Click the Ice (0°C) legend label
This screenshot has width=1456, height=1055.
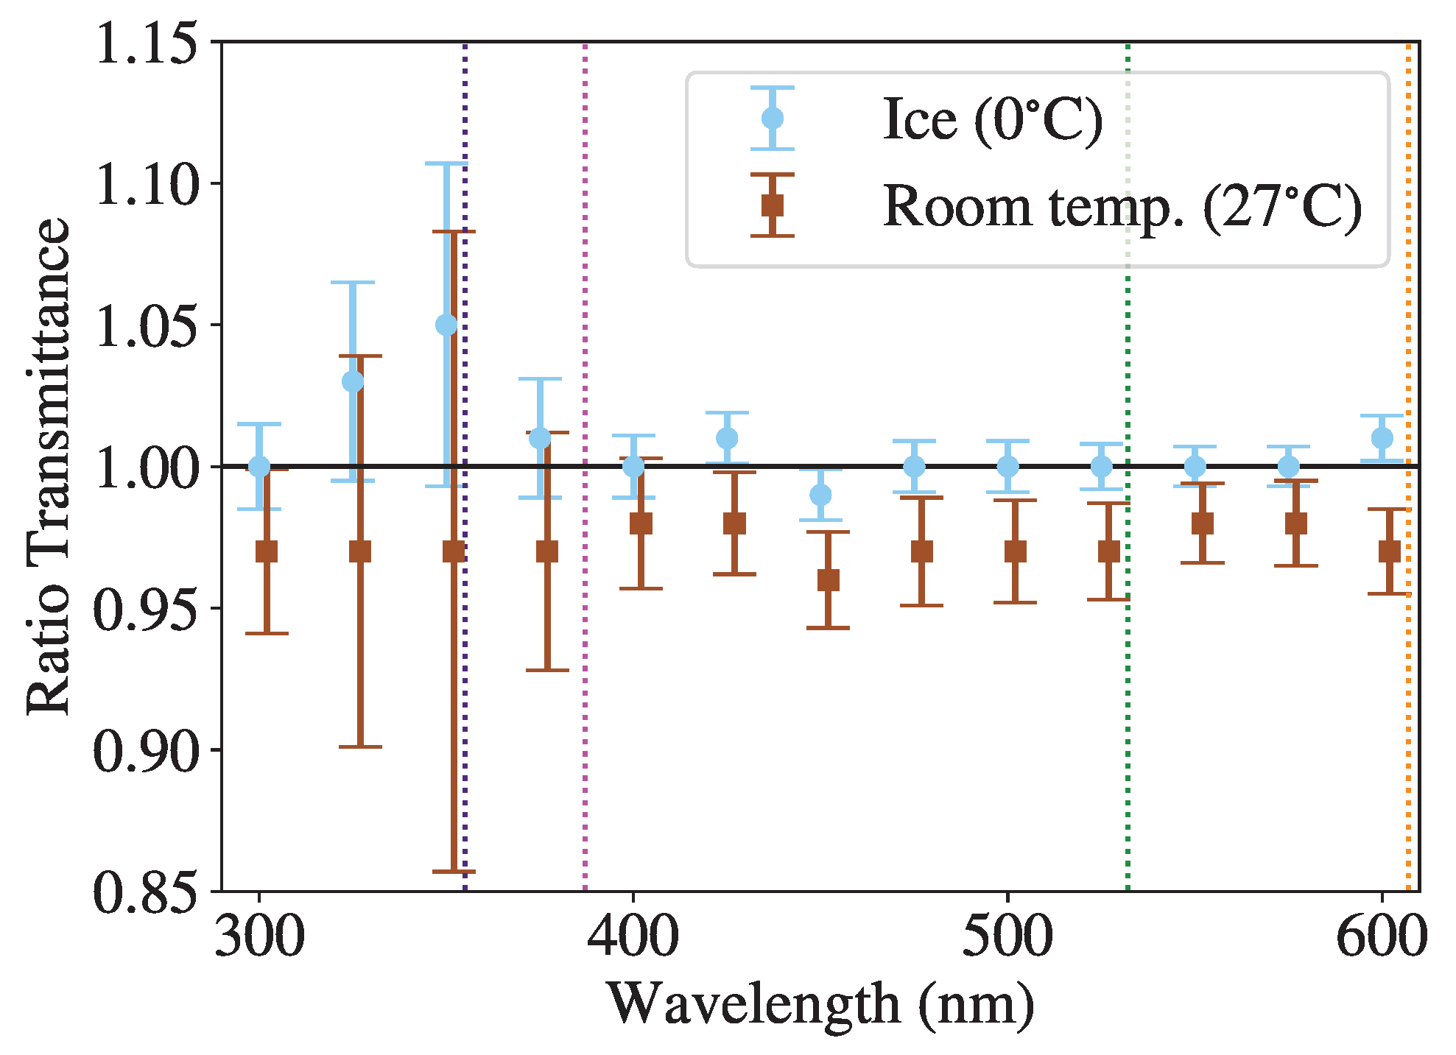992,119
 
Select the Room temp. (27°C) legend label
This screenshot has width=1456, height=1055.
1122,206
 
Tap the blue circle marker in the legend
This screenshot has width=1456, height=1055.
772,119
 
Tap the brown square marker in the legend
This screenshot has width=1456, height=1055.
772,205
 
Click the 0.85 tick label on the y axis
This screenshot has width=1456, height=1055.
147,892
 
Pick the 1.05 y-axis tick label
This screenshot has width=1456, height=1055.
147,325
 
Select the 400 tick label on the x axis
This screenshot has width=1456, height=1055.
633,937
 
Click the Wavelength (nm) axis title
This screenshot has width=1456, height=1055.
820,1004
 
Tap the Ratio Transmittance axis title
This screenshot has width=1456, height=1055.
47,466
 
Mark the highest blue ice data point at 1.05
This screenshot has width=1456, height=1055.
446,325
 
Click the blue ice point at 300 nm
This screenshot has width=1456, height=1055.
259,466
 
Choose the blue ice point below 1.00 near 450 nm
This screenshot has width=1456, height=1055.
820,495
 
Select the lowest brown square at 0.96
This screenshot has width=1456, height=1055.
828,580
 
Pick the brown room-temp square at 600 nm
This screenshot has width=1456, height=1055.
1389,551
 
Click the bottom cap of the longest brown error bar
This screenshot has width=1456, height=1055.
454,872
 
